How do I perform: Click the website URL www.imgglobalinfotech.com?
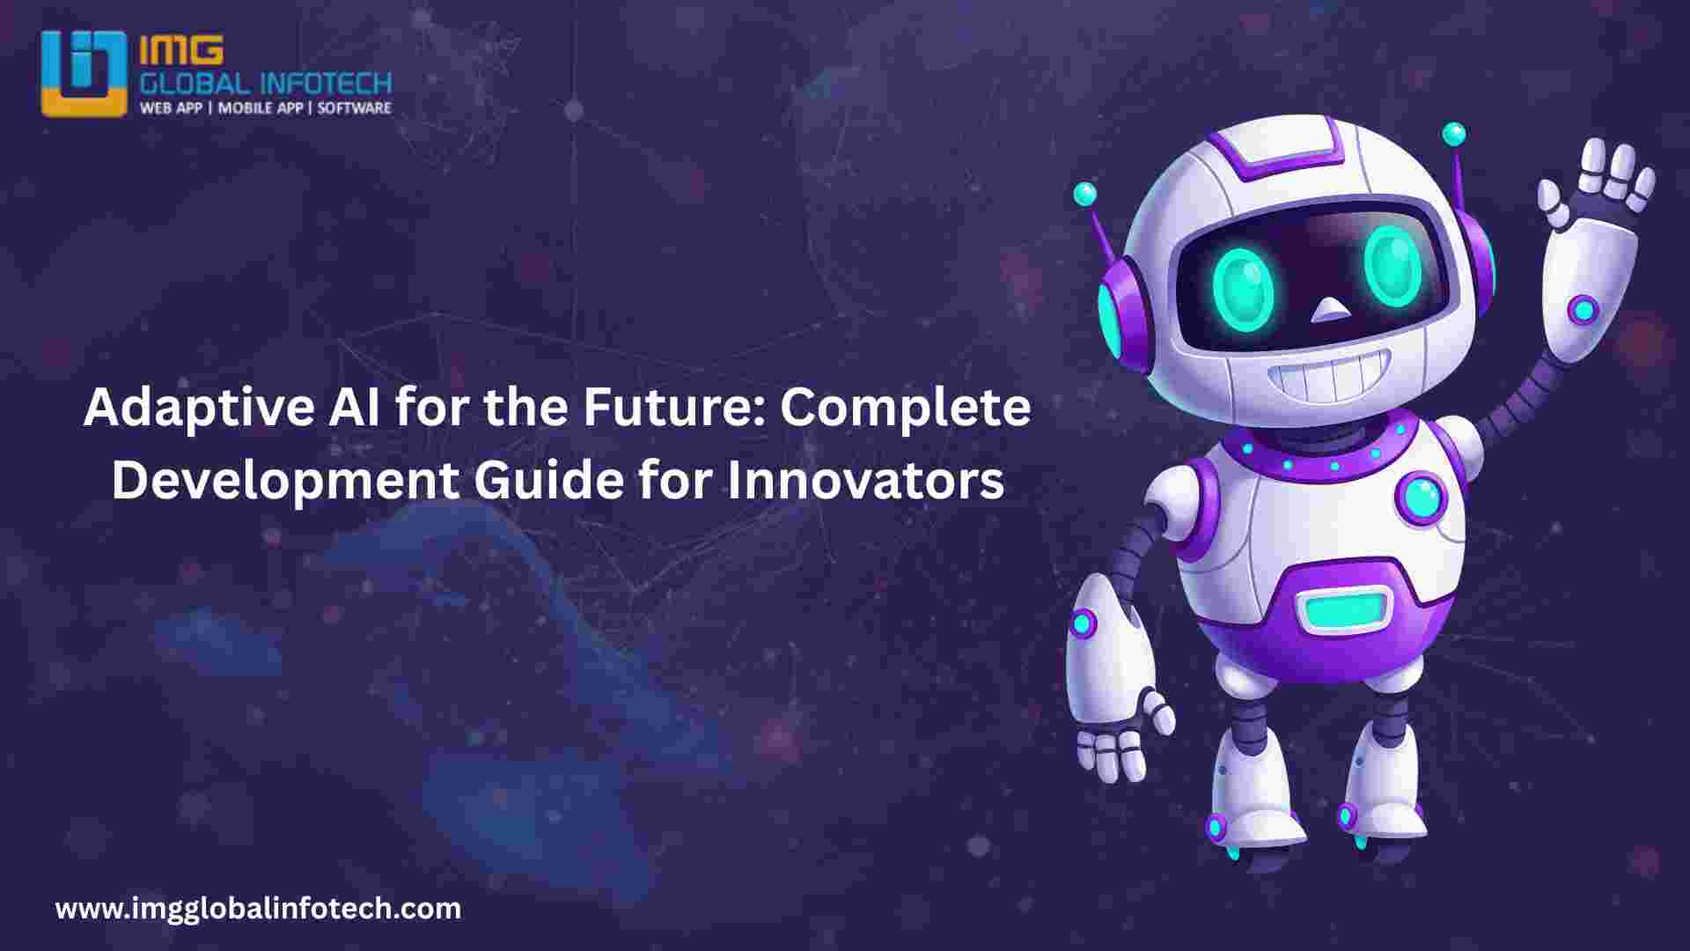(x=258, y=908)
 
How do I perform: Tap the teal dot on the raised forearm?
(x=1584, y=309)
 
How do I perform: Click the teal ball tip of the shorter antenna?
(x=1085, y=194)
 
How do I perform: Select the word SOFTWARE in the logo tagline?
(x=354, y=107)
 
